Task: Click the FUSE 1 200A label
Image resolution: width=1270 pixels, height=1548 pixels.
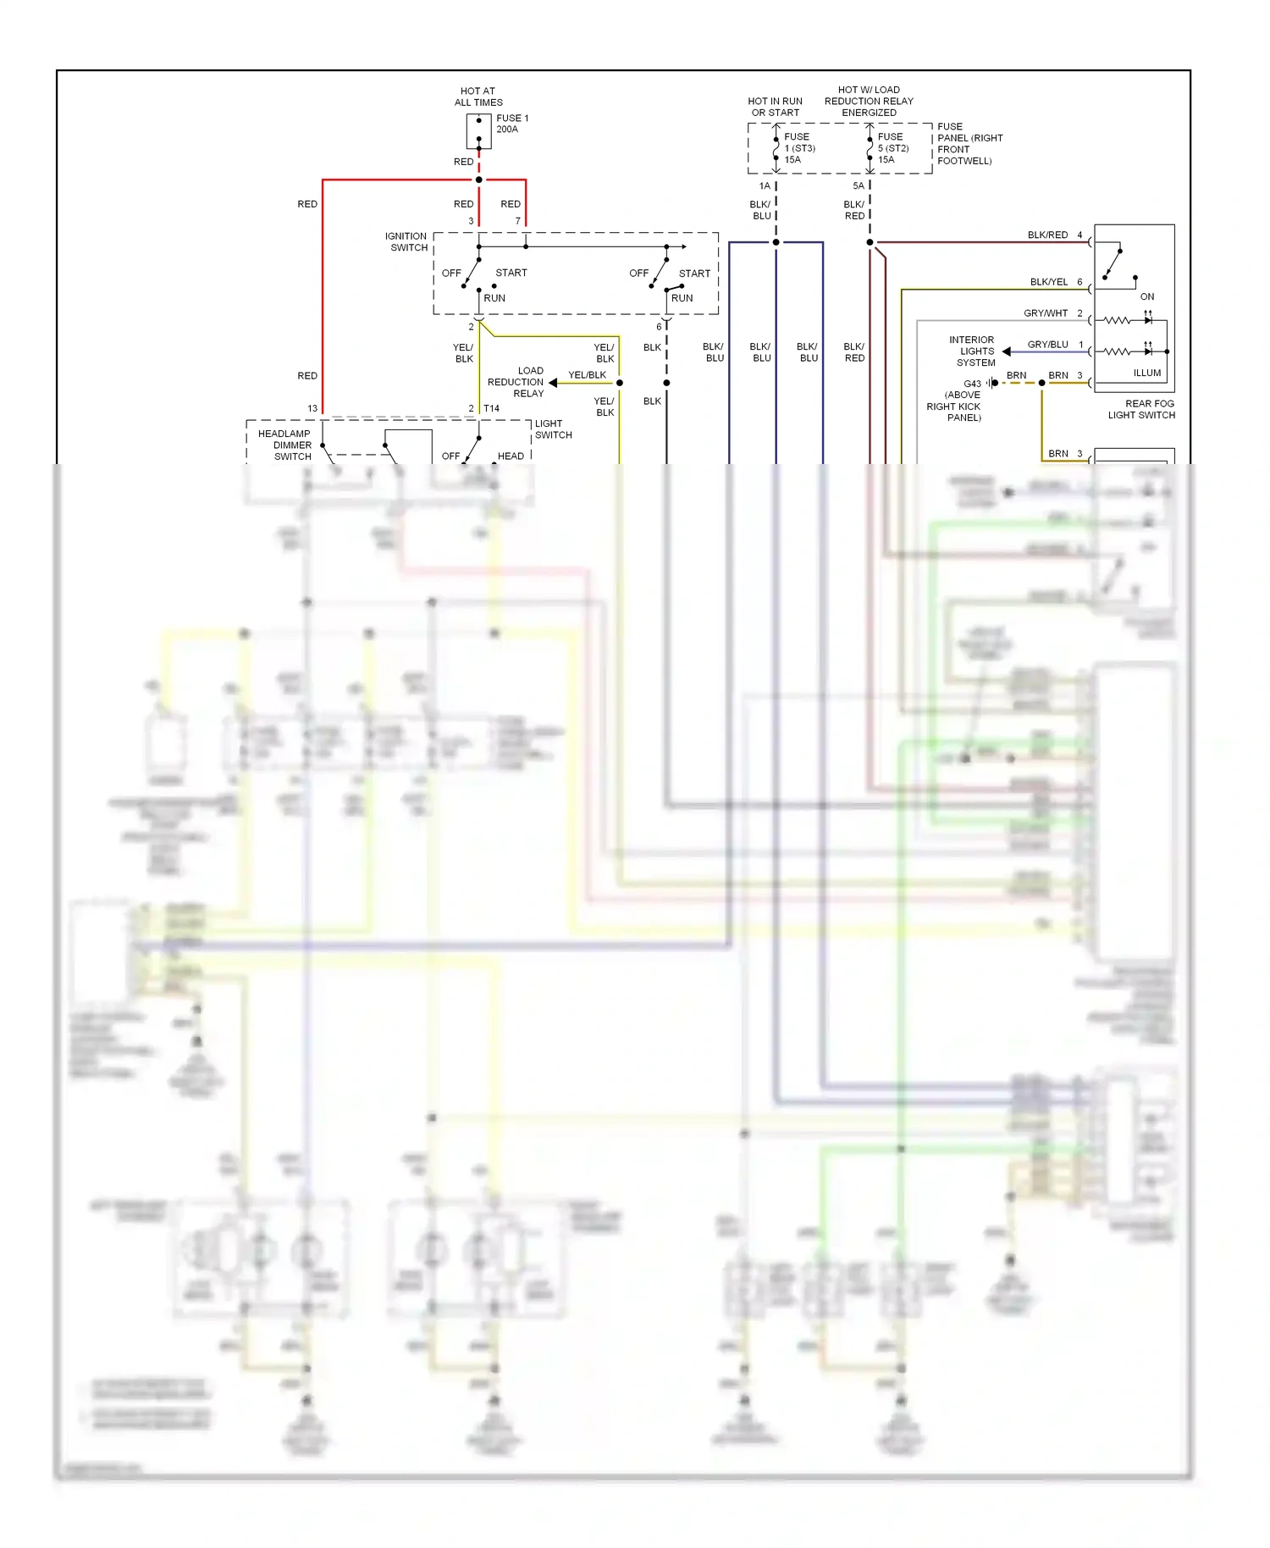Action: click(511, 124)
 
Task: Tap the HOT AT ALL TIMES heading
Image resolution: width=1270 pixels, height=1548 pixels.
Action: click(478, 97)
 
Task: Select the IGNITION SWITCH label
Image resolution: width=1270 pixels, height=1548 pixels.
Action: click(406, 242)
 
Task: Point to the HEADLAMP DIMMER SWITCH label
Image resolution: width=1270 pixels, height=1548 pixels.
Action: click(284, 445)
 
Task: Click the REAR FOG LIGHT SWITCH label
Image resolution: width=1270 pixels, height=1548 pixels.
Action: click(1141, 409)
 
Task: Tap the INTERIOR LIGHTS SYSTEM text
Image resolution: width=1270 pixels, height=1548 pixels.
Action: click(974, 351)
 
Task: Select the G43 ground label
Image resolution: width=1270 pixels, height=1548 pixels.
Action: click(972, 384)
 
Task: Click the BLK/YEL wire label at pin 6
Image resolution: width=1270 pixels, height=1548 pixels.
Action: click(1048, 282)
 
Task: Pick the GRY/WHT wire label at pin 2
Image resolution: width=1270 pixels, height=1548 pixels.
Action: click(1046, 313)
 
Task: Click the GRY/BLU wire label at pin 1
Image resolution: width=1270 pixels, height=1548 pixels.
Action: click(1047, 345)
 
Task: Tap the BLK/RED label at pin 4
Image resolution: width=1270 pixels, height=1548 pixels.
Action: click(1047, 235)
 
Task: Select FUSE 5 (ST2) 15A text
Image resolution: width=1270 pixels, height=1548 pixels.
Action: click(892, 148)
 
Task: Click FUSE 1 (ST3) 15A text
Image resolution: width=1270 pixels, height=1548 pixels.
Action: click(798, 148)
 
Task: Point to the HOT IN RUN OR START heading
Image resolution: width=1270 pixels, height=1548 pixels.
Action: click(775, 107)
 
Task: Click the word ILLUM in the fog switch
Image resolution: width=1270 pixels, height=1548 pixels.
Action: click(1147, 373)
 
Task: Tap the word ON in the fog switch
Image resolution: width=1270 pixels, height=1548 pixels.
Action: click(1147, 296)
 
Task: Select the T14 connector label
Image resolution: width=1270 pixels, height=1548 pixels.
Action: click(491, 408)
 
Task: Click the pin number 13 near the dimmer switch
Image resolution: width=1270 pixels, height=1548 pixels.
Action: click(312, 408)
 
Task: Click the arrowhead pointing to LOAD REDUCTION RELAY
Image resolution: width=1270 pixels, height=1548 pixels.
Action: click(553, 383)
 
